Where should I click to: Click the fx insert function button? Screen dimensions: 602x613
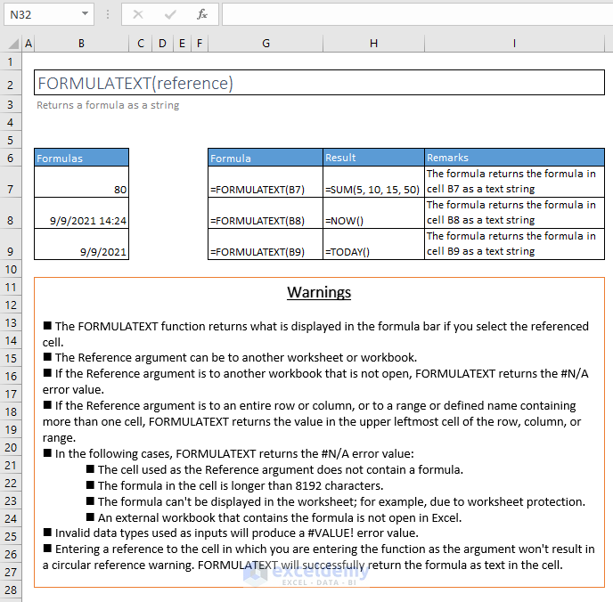tap(202, 14)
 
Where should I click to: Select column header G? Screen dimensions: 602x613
tap(266, 43)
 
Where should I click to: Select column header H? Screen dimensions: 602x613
tap(373, 43)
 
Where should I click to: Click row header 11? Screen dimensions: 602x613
tap(12, 287)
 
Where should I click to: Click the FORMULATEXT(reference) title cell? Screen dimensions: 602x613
tap(135, 83)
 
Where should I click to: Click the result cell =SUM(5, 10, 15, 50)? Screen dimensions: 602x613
tap(372, 189)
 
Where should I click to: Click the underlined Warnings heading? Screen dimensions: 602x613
tap(319, 292)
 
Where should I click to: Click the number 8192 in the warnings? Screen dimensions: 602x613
tap(306, 485)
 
